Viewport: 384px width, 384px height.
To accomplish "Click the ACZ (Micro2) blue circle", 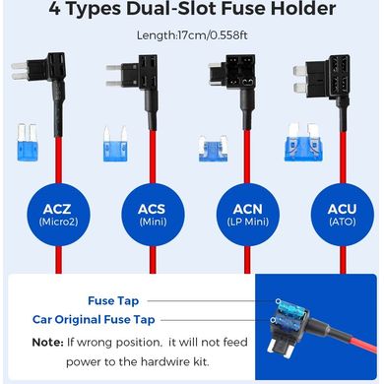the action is (58, 215).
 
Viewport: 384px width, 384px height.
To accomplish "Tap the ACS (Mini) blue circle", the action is (153, 215).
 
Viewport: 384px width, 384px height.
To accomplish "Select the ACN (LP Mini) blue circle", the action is (248, 215).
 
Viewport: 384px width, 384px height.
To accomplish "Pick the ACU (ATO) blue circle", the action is (343, 215).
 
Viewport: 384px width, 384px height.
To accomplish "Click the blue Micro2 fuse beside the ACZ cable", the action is (28, 143).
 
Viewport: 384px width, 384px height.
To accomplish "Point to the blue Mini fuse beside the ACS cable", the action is (115, 144).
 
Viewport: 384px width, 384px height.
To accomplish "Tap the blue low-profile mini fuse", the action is (214, 149).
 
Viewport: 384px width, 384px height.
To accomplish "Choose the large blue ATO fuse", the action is (303, 143).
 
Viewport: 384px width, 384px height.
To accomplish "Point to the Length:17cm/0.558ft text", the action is (192, 35).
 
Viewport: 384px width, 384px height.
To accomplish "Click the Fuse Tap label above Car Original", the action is (113, 300).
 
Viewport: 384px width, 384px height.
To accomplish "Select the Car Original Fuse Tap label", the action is (94, 319).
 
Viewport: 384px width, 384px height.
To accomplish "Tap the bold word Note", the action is (47, 343).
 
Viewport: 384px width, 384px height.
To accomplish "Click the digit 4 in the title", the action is (55, 9).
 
